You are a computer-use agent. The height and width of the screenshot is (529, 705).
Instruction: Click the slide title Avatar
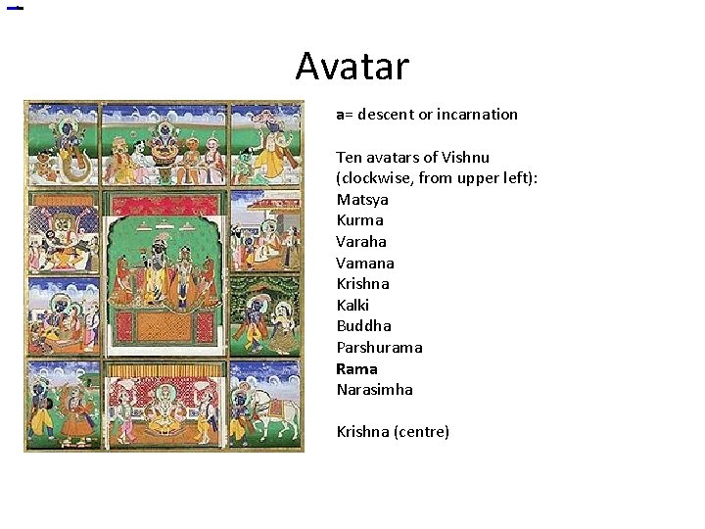pyautogui.click(x=352, y=67)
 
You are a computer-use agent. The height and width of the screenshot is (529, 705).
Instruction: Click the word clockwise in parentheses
pyautogui.click(x=374, y=178)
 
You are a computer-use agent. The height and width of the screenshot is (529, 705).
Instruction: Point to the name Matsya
pyautogui.click(x=361, y=200)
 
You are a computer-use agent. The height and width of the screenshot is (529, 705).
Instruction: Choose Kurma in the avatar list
pyautogui.click(x=359, y=220)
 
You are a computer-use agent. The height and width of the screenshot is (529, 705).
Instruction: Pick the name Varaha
pyautogui.click(x=361, y=242)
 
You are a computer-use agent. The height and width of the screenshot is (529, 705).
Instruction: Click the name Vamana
pyautogui.click(x=364, y=263)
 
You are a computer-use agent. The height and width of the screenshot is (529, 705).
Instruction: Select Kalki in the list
pyautogui.click(x=352, y=305)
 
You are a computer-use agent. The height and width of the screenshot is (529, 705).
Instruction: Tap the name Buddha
pyautogui.click(x=363, y=326)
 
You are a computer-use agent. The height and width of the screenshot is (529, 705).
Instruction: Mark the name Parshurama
pyautogui.click(x=379, y=348)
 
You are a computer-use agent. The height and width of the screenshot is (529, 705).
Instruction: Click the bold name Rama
pyautogui.click(x=356, y=369)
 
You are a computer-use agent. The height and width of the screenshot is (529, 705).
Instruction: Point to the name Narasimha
pyautogui.click(x=374, y=390)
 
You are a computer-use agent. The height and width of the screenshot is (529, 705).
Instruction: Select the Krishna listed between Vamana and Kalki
pyautogui.click(x=362, y=284)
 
